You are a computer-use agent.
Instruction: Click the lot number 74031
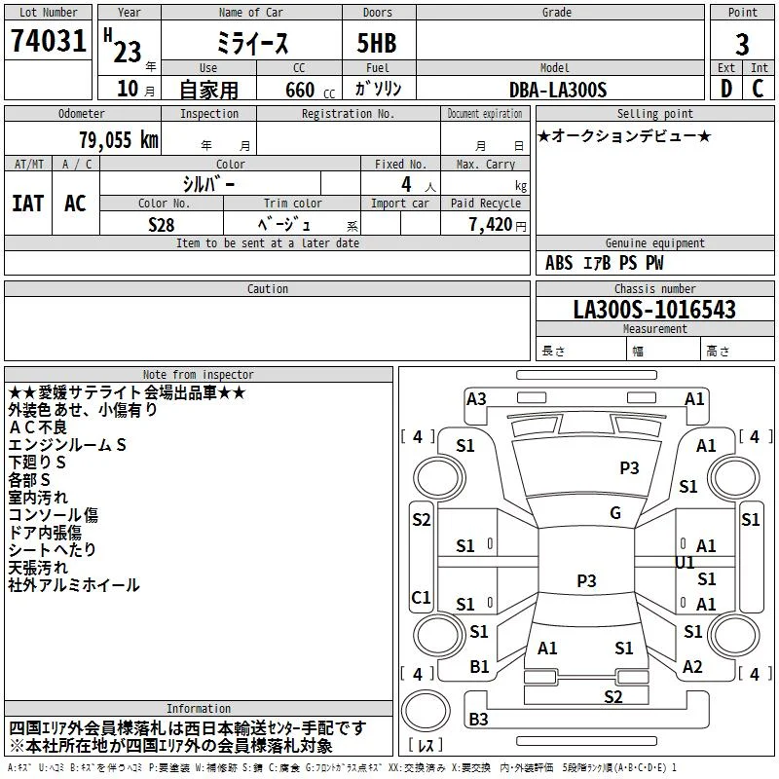coord(48,41)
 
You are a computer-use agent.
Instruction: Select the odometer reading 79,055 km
coord(119,140)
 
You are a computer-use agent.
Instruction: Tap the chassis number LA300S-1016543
coord(654,310)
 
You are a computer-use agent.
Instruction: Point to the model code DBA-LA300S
coord(558,90)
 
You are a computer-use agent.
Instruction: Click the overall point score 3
coord(742,44)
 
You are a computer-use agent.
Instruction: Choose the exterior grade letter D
coord(726,89)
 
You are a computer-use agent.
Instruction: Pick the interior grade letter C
coord(758,89)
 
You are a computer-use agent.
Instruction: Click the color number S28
coord(162,225)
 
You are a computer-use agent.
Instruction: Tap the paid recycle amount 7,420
coord(491,225)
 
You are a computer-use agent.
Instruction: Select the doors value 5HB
coord(377,43)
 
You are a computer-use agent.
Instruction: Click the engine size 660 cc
coord(310,91)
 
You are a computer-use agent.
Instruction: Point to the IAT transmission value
coord(28,204)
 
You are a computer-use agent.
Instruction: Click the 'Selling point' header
coord(654,114)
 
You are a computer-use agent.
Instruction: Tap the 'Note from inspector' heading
coord(199,375)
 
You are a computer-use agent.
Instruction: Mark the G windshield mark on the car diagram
coord(615,513)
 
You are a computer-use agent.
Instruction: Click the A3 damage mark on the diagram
coord(476,399)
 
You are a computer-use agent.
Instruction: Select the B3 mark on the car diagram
coord(478,719)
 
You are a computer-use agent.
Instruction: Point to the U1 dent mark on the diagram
coord(685,563)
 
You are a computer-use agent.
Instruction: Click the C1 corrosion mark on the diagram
coord(422,597)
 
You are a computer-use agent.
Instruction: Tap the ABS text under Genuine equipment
coord(559,263)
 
